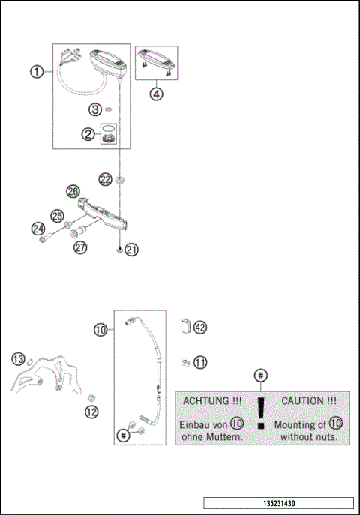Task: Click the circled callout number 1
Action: pyautogui.click(x=35, y=72)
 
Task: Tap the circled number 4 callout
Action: pyautogui.click(x=156, y=96)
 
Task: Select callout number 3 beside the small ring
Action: pyautogui.click(x=95, y=109)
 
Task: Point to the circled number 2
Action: pyautogui.click(x=88, y=134)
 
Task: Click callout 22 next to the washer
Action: pyautogui.click(x=104, y=178)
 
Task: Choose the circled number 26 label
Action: pyautogui.click(x=72, y=191)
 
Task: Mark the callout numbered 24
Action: pyautogui.click(x=38, y=228)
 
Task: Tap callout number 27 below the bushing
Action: pyautogui.click(x=80, y=248)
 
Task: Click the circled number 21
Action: pyautogui.click(x=131, y=250)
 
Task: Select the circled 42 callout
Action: pyautogui.click(x=199, y=327)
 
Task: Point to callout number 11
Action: pyautogui.click(x=199, y=363)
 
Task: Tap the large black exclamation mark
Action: pyautogui.click(x=260, y=414)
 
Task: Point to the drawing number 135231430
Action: pyautogui.click(x=278, y=503)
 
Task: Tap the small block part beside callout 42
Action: pyautogui.click(x=185, y=326)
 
